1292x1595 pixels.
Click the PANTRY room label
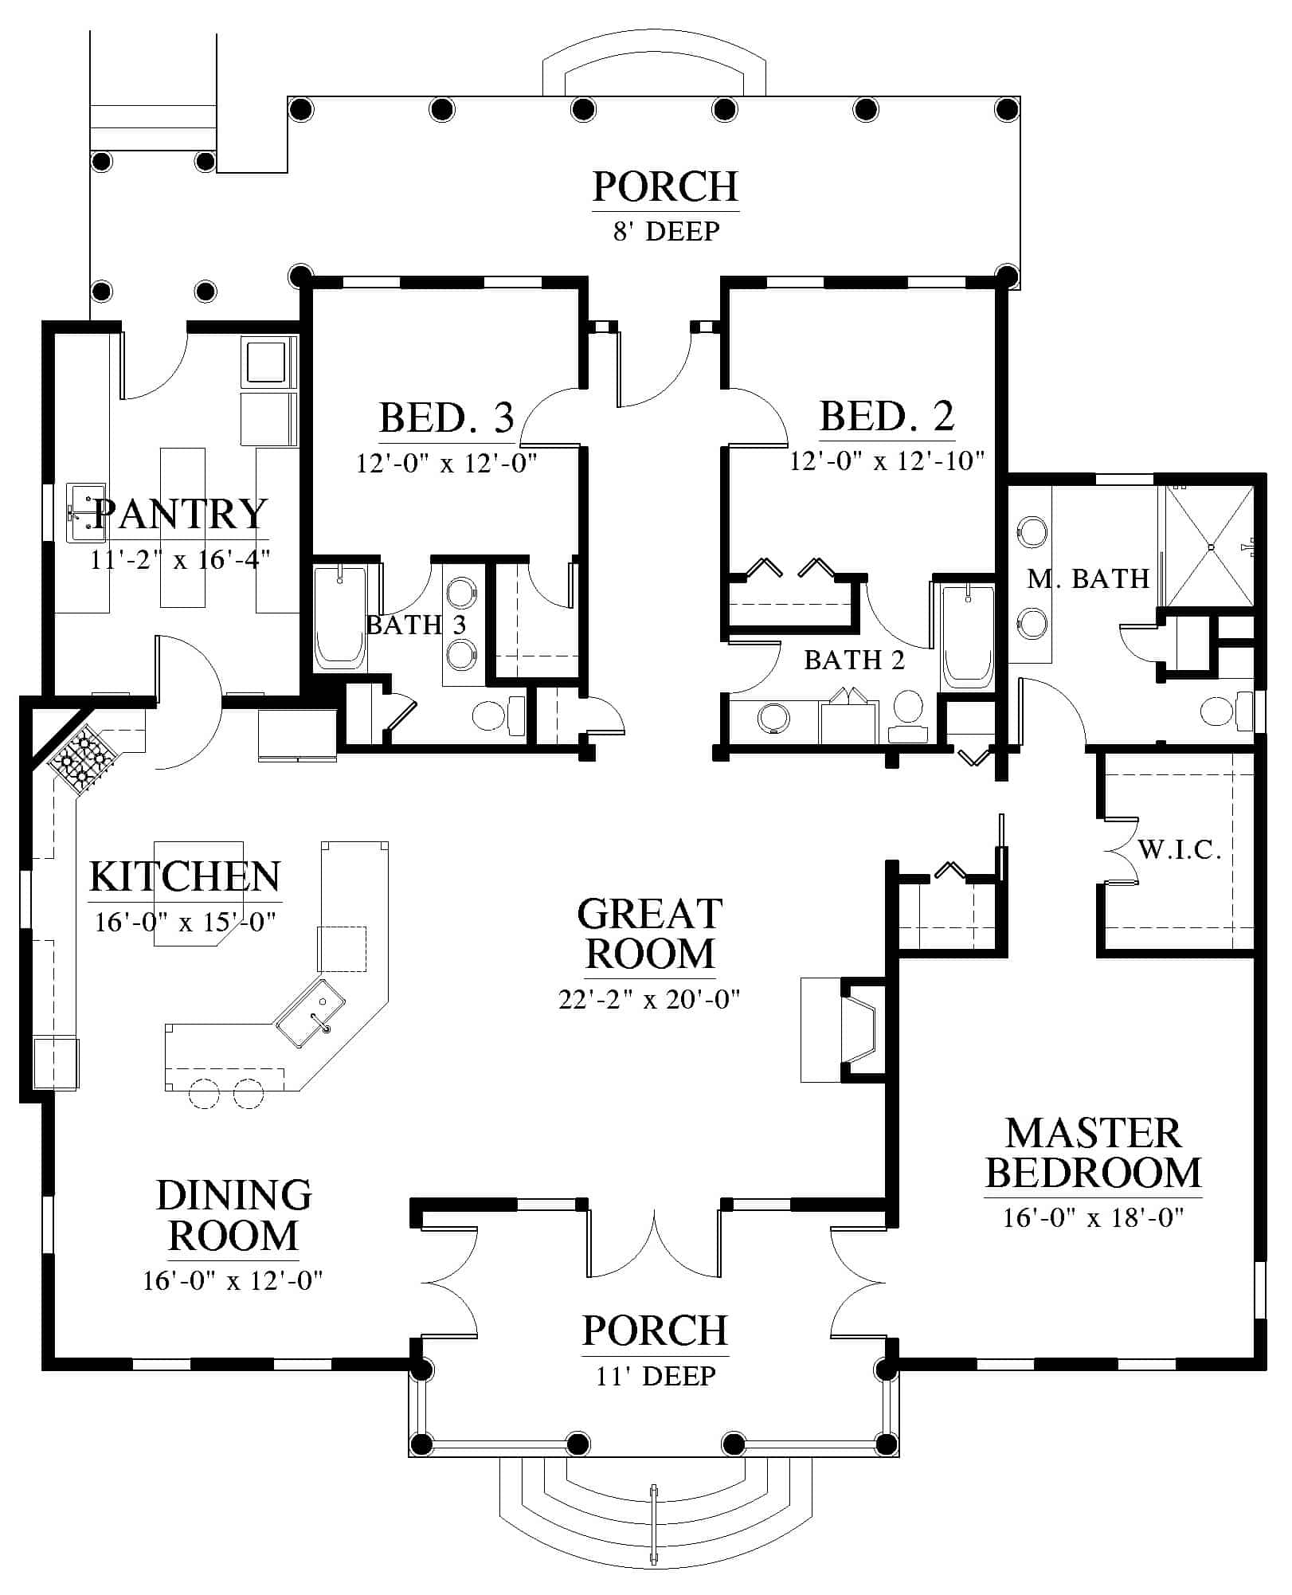pos(181,514)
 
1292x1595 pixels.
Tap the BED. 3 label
pos(446,417)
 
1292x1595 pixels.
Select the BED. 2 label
pos(887,416)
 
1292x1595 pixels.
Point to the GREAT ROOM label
pos(650,934)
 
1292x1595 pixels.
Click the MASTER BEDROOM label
pos(1094,1153)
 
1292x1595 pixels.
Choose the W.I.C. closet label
pos(1180,850)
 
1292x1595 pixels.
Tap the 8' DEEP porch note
pos(667,231)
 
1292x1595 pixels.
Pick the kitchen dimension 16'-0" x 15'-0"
pos(185,923)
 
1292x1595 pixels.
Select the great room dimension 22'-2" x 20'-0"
pos(650,999)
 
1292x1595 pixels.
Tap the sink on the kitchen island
pos(311,1014)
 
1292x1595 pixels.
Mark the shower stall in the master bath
pos(1210,546)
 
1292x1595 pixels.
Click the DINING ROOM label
pos(233,1215)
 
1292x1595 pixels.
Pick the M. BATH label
pos(1088,578)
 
